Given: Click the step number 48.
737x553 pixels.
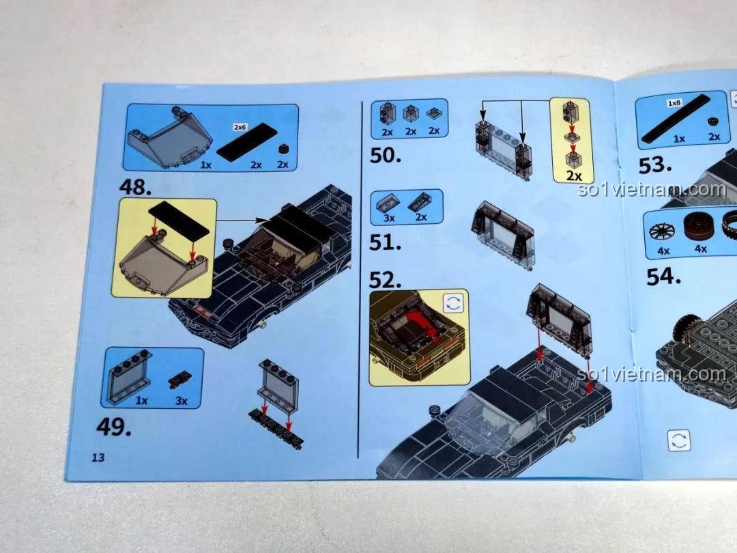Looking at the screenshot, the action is tap(135, 186).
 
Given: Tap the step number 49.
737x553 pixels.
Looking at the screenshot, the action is tap(113, 427).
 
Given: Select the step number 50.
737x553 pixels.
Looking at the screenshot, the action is tap(386, 155).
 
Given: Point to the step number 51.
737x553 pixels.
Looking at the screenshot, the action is tap(385, 242).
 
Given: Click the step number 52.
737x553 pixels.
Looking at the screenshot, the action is tap(385, 280).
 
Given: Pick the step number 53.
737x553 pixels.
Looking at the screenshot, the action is tap(654, 165).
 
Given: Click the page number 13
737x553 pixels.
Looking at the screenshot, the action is tap(98, 457).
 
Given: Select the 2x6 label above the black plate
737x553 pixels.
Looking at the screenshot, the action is tap(240, 127).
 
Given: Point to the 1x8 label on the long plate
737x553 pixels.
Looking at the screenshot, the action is tap(674, 103).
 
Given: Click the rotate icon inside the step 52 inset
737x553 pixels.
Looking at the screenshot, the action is tap(453, 303).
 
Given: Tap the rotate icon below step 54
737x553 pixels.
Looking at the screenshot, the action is tap(679, 440).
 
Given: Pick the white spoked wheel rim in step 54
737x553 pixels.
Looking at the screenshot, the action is tap(662, 231).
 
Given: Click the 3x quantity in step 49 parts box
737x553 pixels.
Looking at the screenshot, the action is tap(182, 401).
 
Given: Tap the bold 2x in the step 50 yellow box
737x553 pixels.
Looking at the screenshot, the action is tap(574, 176).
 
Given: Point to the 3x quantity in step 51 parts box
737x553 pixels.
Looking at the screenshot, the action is tap(389, 218).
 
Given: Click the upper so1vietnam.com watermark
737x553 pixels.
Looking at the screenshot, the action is tap(652, 189).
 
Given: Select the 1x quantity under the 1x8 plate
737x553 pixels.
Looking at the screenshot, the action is tap(679, 139).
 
